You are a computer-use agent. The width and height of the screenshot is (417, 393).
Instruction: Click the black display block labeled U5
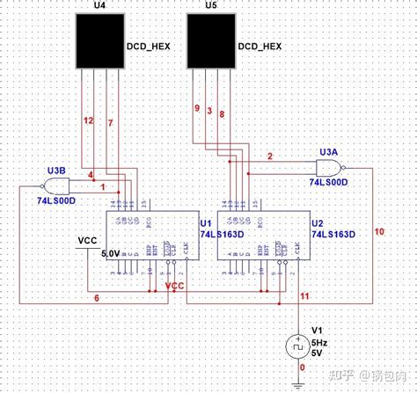click(212, 43)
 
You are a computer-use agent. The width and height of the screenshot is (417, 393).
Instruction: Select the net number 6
click(97, 297)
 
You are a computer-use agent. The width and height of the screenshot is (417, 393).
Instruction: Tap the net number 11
click(304, 298)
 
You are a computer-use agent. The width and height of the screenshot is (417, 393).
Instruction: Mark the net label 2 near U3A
click(270, 156)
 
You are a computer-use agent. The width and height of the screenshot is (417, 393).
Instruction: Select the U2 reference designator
click(317, 224)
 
